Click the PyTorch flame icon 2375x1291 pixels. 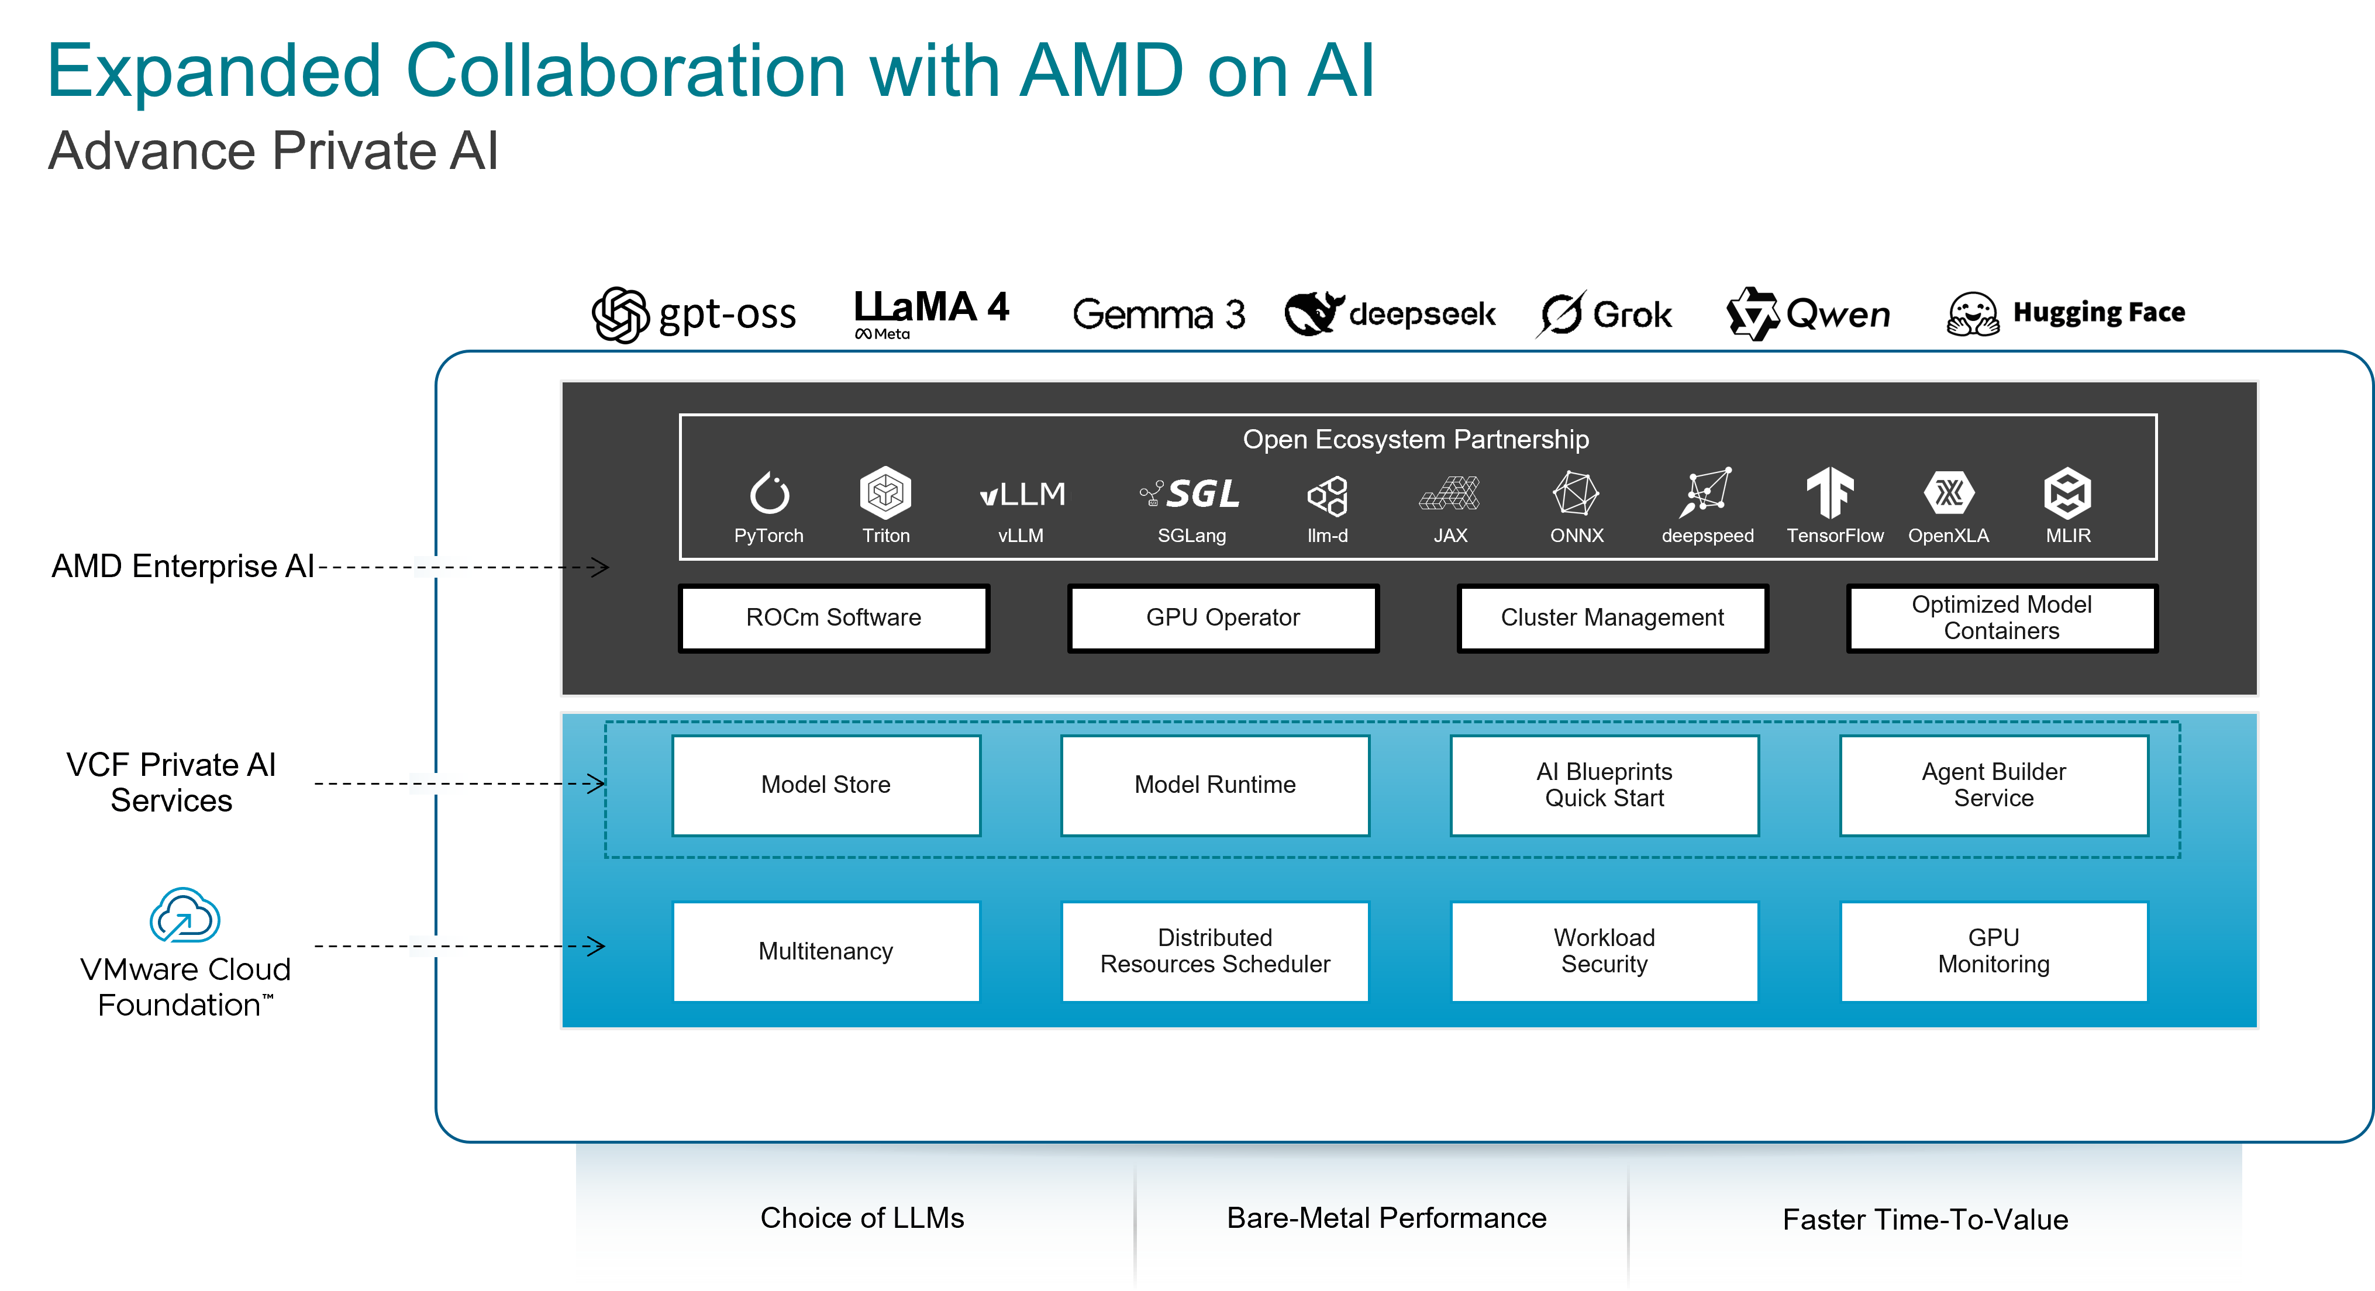pos(769,493)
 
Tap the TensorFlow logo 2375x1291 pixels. pos(1829,492)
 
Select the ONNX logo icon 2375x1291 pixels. pos(1576,493)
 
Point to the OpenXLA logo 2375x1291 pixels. pos(1948,493)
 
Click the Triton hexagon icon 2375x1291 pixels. pos(885,492)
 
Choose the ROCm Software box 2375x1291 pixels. pos(833,617)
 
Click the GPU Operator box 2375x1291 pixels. pos(1222,617)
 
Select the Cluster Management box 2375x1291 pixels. pos(1612,617)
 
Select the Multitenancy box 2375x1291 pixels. pos(826,951)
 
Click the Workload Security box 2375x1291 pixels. pos(1604,951)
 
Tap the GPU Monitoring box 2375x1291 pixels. pos(1993,951)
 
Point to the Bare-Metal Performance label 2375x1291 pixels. pos(1385,1218)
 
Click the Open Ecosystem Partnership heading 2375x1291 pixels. pos(1415,440)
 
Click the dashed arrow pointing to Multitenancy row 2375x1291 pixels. pos(507,947)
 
